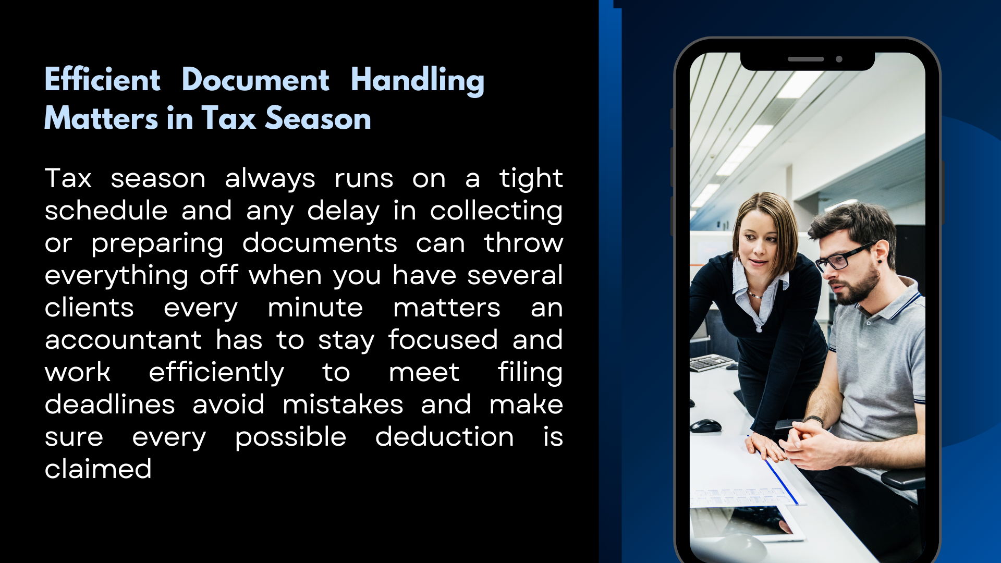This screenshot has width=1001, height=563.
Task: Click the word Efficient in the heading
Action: pyautogui.click(x=102, y=80)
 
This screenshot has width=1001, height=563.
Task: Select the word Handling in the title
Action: pyautogui.click(x=418, y=81)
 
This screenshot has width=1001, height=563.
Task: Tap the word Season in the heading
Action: pyautogui.click(x=318, y=118)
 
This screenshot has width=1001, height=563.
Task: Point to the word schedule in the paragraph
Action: pyautogui.click(x=106, y=211)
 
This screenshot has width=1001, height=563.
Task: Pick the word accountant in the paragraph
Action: pyautogui.click(x=123, y=340)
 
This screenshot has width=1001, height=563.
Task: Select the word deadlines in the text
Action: pyautogui.click(x=110, y=405)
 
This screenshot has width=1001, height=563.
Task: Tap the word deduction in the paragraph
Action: pyautogui.click(x=445, y=437)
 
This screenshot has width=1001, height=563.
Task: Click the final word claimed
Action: pyautogui.click(x=98, y=469)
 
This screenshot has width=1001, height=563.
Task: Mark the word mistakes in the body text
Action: pyautogui.click(x=343, y=405)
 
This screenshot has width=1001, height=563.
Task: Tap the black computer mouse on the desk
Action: pyautogui.click(x=705, y=425)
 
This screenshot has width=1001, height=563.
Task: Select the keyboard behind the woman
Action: pyautogui.click(x=710, y=362)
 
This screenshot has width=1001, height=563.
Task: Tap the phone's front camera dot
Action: pyautogui.click(x=839, y=59)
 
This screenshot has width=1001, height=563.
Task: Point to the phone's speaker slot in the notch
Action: pyautogui.click(x=805, y=59)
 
